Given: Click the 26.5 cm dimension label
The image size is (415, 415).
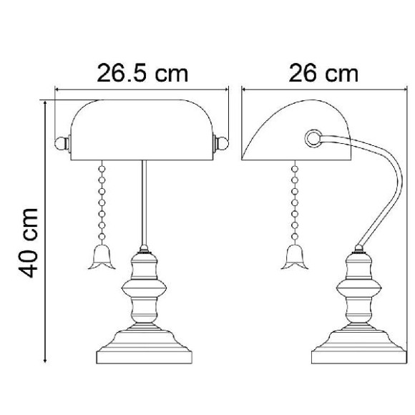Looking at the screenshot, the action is pyautogui.click(x=142, y=72).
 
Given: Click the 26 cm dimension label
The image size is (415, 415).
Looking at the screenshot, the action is pyautogui.click(x=323, y=72).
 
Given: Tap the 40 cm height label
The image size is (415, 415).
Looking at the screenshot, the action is pyautogui.click(x=29, y=243).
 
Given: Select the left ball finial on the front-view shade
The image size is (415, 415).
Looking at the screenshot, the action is pyautogui.click(x=61, y=143).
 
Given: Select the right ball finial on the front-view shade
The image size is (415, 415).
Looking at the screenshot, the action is pyautogui.click(x=222, y=143).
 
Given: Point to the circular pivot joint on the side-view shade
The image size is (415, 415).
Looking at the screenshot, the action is pyautogui.click(x=313, y=138).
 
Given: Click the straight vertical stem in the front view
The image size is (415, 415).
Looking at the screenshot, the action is pyautogui.click(x=145, y=202).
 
